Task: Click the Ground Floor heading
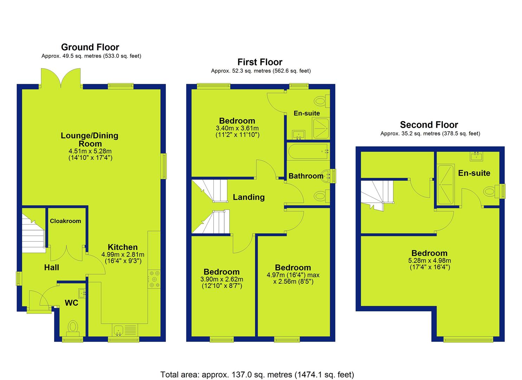(x=90, y=47)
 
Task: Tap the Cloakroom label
(x=65, y=221)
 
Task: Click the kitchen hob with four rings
(x=154, y=279)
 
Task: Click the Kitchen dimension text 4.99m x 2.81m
(x=123, y=254)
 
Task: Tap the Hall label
(x=52, y=267)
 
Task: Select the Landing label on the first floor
(x=249, y=197)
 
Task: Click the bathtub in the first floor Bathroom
(x=308, y=151)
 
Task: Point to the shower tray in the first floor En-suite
(x=321, y=129)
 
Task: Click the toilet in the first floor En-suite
(x=322, y=101)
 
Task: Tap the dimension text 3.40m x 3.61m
(x=237, y=128)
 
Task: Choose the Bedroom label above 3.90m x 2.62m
(x=221, y=272)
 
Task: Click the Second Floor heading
(x=429, y=125)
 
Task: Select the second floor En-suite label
(x=474, y=173)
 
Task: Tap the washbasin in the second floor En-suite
(x=476, y=156)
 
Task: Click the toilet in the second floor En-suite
(x=491, y=191)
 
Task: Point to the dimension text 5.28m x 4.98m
(x=430, y=261)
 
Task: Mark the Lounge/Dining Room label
(x=90, y=139)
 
